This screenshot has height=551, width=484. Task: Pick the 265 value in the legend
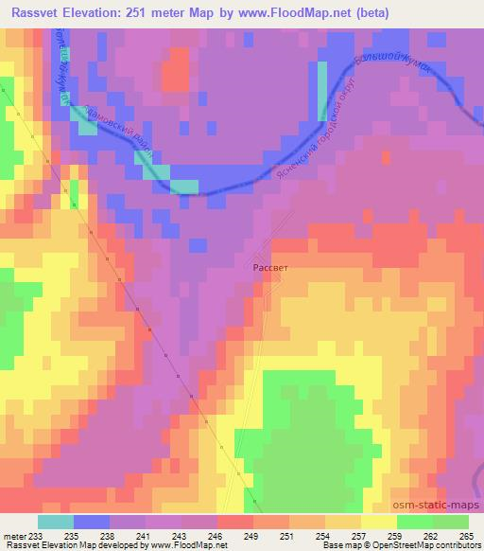click(x=466, y=537)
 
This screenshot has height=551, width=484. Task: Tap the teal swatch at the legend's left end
click(x=56, y=522)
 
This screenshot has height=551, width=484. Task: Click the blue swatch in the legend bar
click(x=91, y=522)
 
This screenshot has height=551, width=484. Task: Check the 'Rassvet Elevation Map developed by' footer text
click(x=57, y=546)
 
